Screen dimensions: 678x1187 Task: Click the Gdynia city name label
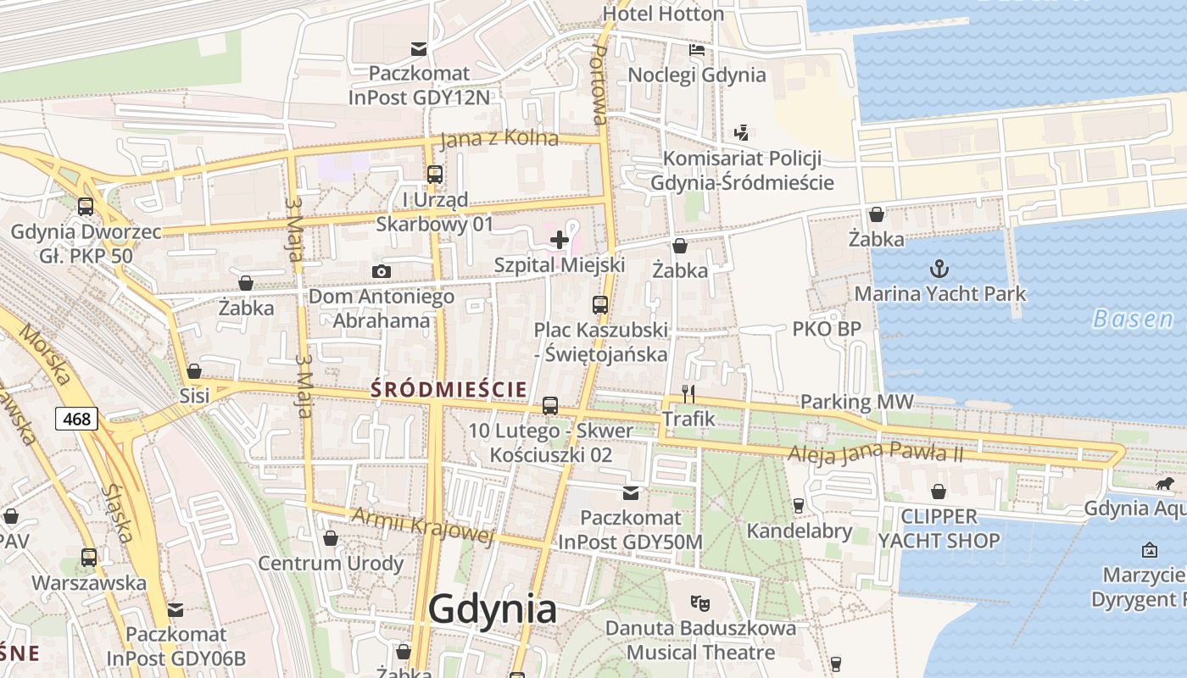[492, 609]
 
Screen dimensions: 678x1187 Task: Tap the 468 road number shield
[77, 418]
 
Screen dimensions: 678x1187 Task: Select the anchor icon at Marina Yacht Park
[939, 270]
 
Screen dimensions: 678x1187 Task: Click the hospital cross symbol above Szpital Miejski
[560, 240]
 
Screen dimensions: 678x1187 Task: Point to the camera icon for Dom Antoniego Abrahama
[382, 271]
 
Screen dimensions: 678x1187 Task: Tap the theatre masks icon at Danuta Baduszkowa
[699, 603]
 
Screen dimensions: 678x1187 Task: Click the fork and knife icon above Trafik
[688, 393]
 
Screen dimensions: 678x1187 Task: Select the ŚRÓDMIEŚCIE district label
[449, 389]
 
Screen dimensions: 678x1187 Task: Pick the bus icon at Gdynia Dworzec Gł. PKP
[85, 206]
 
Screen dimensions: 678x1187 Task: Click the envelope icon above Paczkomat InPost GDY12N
[418, 48]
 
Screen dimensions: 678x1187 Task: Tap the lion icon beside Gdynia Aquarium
[1165, 484]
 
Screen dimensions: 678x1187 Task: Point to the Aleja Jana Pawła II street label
[876, 453]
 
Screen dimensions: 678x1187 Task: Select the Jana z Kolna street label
[499, 138]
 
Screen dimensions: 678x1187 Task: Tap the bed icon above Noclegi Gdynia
[696, 50]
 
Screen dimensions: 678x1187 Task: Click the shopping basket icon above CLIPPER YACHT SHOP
[939, 492]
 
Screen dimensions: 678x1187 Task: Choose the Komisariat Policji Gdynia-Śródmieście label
[742, 170]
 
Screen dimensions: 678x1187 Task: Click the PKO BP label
[827, 329]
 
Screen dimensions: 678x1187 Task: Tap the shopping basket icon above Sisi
[194, 371]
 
